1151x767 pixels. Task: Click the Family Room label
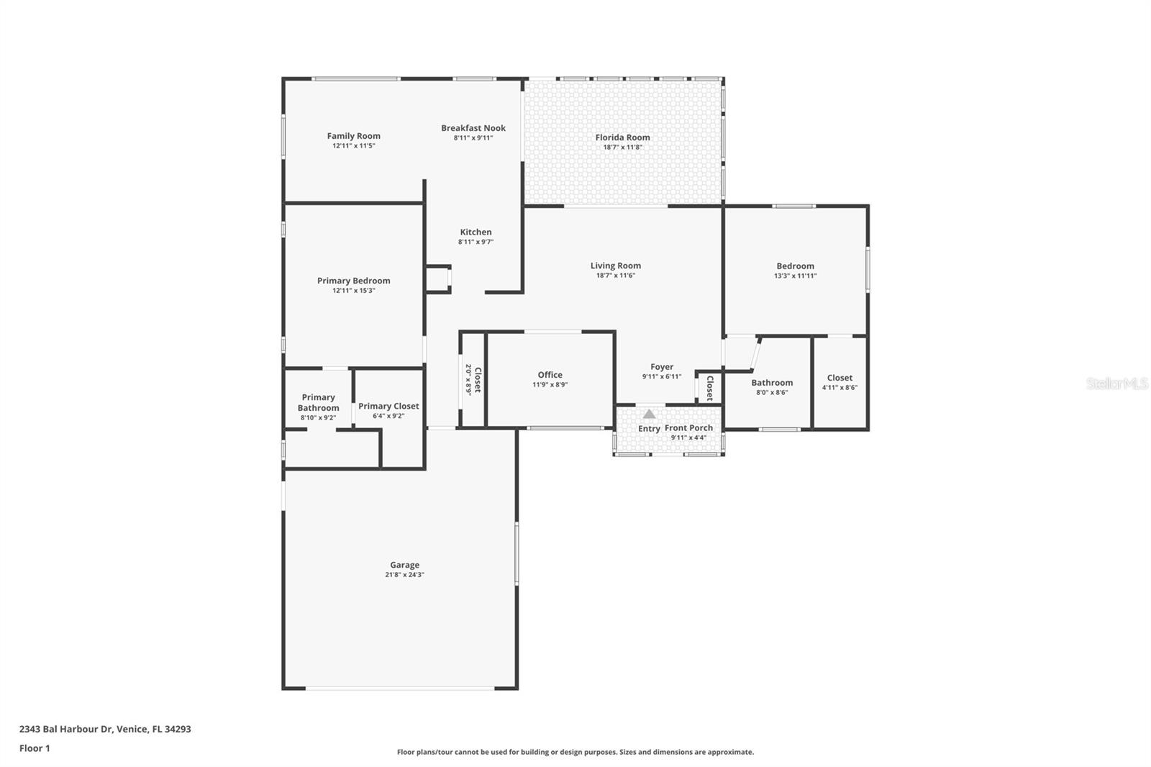tap(353, 136)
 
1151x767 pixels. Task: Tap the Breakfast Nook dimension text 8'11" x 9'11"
tap(473, 138)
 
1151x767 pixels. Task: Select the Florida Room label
tap(622, 137)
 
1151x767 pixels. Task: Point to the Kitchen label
tap(476, 232)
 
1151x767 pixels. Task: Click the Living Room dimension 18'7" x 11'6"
tap(615, 276)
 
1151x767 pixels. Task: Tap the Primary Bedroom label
tap(353, 281)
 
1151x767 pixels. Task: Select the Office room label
tap(550, 375)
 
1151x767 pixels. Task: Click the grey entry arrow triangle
tap(649, 414)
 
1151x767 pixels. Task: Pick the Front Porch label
tap(688, 427)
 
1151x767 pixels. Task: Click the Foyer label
tap(661, 367)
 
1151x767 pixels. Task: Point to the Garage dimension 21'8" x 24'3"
tap(404, 575)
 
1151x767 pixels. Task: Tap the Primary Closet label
tap(388, 406)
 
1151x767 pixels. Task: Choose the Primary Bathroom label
tap(318, 402)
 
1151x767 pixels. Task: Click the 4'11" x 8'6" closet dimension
tap(840, 387)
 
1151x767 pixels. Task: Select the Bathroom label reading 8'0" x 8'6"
tap(771, 383)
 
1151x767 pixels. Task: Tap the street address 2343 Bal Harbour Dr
tap(65, 729)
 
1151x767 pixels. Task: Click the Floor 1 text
tap(35, 748)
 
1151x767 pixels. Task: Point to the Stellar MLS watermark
tap(1116, 383)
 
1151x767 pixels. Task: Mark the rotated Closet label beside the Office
tap(476, 379)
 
